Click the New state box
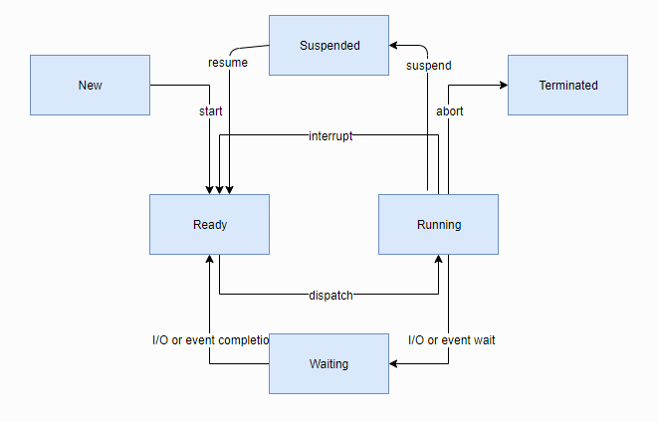pos(90,85)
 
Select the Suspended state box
pos(329,45)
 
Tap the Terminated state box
pos(567,85)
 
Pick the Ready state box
pos(209,224)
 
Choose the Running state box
pos(438,224)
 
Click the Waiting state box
pos(329,363)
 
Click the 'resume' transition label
pos(228,63)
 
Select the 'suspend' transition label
pos(428,66)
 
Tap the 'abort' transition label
pos(449,110)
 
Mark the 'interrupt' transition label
pos(330,135)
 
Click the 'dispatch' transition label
pos(330,295)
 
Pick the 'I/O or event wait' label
pos(452,339)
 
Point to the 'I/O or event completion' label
pos(211,339)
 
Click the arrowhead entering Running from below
pos(438,260)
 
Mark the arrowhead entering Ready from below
pos(209,260)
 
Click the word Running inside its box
pos(438,224)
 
